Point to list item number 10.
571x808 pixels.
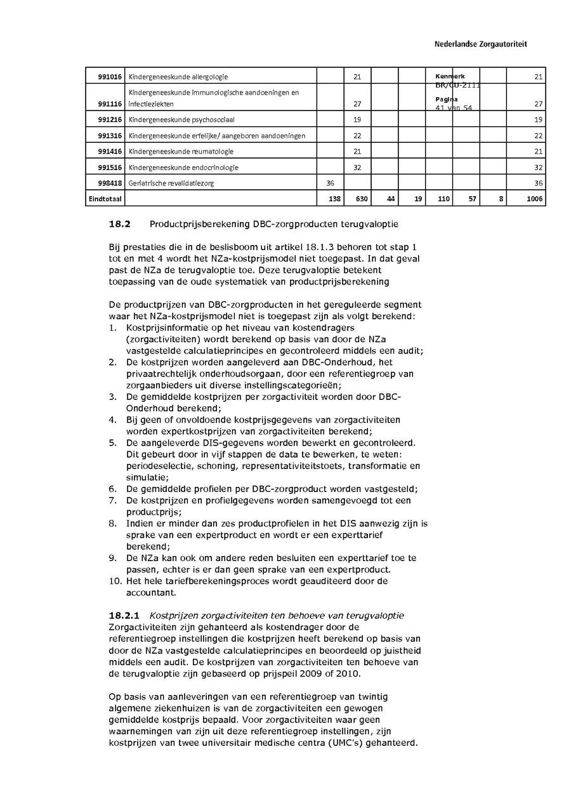click(x=114, y=580)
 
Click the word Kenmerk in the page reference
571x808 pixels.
click(x=450, y=77)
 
